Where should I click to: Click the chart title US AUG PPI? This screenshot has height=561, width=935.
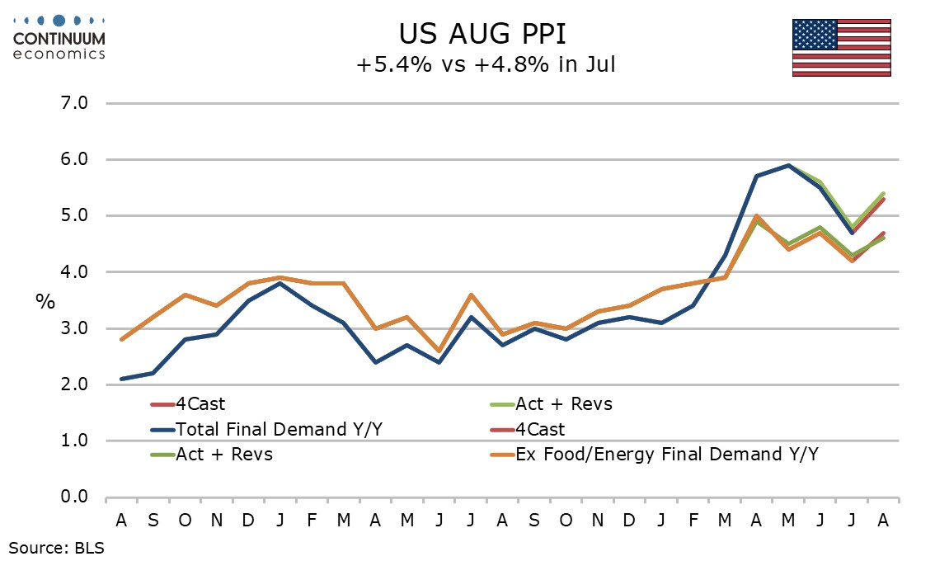tap(482, 34)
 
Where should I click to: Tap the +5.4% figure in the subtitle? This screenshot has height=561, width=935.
tap(393, 64)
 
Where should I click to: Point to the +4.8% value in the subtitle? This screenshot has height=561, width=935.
tap(512, 64)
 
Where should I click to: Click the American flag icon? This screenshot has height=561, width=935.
tap(841, 48)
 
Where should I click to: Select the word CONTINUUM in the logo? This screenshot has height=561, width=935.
tap(59, 39)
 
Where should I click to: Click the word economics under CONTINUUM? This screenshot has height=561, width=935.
tap(59, 54)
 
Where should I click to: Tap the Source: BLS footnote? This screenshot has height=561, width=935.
tap(56, 548)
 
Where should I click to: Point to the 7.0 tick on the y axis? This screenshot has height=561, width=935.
tap(74, 103)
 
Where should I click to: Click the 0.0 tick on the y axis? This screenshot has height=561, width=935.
tap(74, 497)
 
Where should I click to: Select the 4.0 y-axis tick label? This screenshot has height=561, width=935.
tap(74, 272)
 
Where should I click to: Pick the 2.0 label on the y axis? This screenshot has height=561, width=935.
tap(74, 384)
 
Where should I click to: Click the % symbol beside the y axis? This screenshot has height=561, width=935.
tap(45, 301)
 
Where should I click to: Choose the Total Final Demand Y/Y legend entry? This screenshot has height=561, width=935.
tap(266, 429)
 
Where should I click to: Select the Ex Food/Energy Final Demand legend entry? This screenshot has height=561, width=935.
tap(654, 455)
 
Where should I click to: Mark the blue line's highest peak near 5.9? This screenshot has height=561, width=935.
tap(788, 165)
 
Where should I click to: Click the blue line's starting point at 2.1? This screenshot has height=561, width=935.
tap(122, 379)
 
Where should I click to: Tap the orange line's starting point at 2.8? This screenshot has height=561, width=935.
tap(122, 340)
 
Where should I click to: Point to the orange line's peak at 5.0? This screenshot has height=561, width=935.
tap(756, 216)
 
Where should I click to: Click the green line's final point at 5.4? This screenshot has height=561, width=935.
tap(883, 193)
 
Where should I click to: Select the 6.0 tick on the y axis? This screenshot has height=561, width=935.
tap(74, 159)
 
